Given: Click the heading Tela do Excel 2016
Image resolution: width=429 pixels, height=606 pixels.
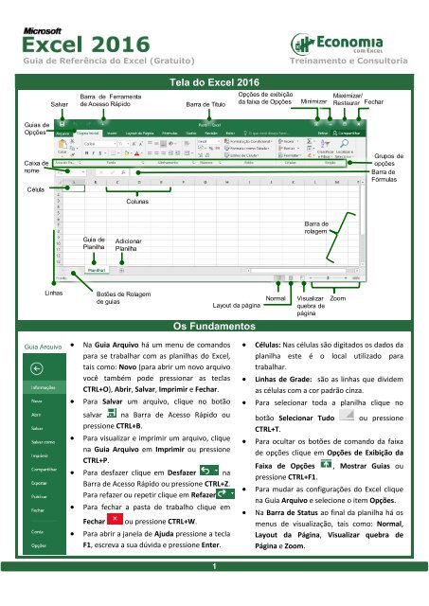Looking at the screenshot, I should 214,84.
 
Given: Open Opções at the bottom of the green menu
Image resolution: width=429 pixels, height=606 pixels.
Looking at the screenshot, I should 40,545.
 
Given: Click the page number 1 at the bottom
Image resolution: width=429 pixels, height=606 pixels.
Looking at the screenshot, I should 214,594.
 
